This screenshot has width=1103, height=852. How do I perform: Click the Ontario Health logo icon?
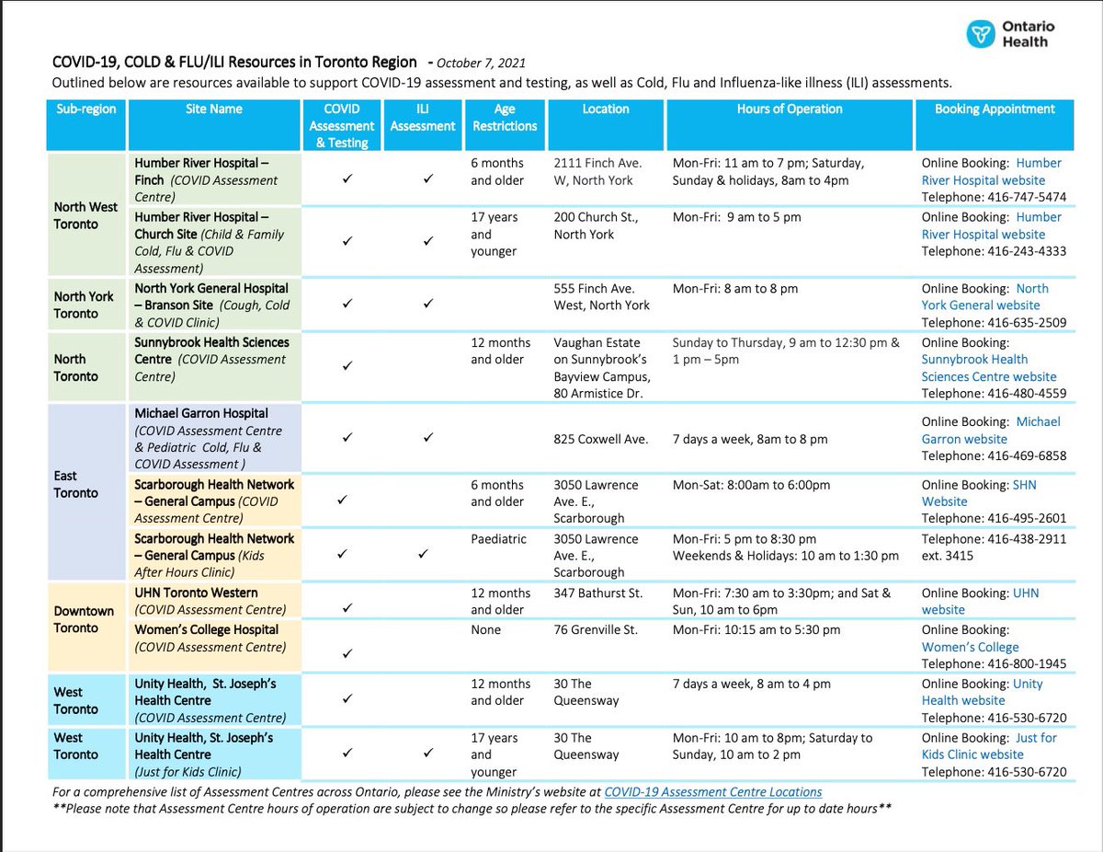click(x=982, y=35)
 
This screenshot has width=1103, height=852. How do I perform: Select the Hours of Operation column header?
click(x=789, y=109)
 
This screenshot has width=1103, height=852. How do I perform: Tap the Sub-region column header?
click(x=86, y=109)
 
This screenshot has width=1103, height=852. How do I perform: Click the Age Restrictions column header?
click(x=505, y=117)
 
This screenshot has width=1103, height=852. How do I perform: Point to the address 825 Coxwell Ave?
click(x=601, y=439)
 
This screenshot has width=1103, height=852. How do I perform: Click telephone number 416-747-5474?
click(x=1027, y=197)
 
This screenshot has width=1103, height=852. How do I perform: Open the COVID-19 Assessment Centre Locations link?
click(x=712, y=791)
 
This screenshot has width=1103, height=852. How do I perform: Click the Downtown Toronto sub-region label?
click(x=84, y=619)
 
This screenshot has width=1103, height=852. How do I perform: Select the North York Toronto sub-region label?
click(x=84, y=305)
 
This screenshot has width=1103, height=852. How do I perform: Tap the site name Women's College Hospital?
click(x=207, y=629)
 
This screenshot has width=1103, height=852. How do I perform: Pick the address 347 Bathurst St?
click(x=598, y=593)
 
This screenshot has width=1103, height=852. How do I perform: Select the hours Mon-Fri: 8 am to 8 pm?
click(x=735, y=288)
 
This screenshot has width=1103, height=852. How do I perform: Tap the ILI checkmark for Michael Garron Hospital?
click(x=428, y=438)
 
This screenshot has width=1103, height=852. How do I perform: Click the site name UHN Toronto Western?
click(x=196, y=593)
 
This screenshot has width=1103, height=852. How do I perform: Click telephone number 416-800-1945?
click(x=1027, y=663)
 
